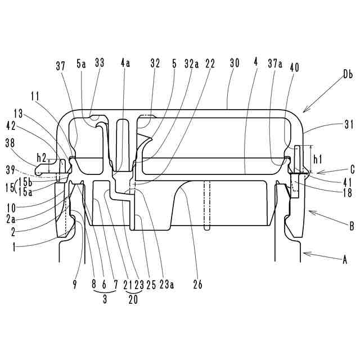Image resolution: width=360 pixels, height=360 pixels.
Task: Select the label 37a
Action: (276, 65)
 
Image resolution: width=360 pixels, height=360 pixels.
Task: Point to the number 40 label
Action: (295, 67)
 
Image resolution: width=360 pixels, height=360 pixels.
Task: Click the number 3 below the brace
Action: (105, 300)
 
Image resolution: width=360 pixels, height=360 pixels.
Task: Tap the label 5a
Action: (82, 64)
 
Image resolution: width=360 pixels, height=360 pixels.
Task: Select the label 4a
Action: (125, 64)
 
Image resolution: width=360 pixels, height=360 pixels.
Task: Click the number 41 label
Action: (347, 182)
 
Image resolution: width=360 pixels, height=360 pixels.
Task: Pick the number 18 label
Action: (347, 193)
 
